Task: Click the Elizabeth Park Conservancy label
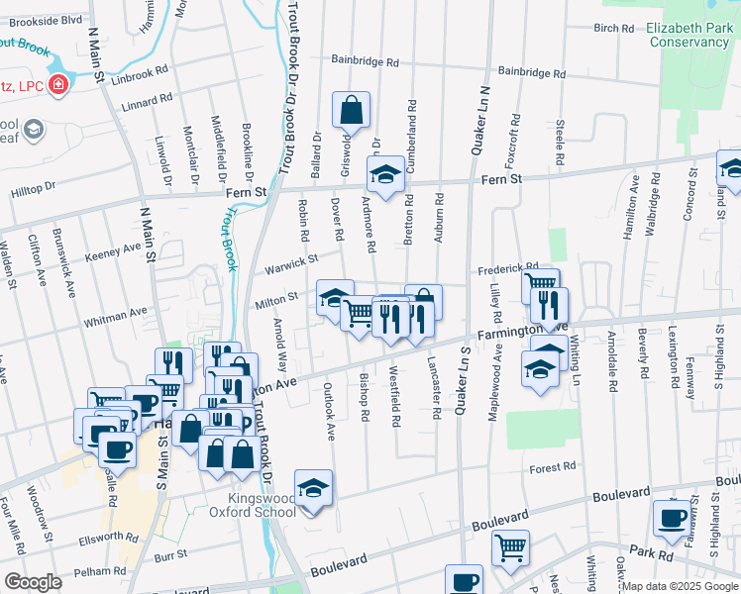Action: (x=688, y=36)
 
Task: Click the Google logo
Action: (x=33, y=582)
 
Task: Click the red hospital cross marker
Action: (x=58, y=86)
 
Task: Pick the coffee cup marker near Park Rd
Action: (x=671, y=518)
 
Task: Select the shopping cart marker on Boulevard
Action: (x=510, y=547)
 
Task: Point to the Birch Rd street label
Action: (x=613, y=28)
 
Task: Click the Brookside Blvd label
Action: (x=46, y=20)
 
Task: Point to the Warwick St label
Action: (x=288, y=264)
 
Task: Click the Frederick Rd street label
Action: (x=507, y=267)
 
